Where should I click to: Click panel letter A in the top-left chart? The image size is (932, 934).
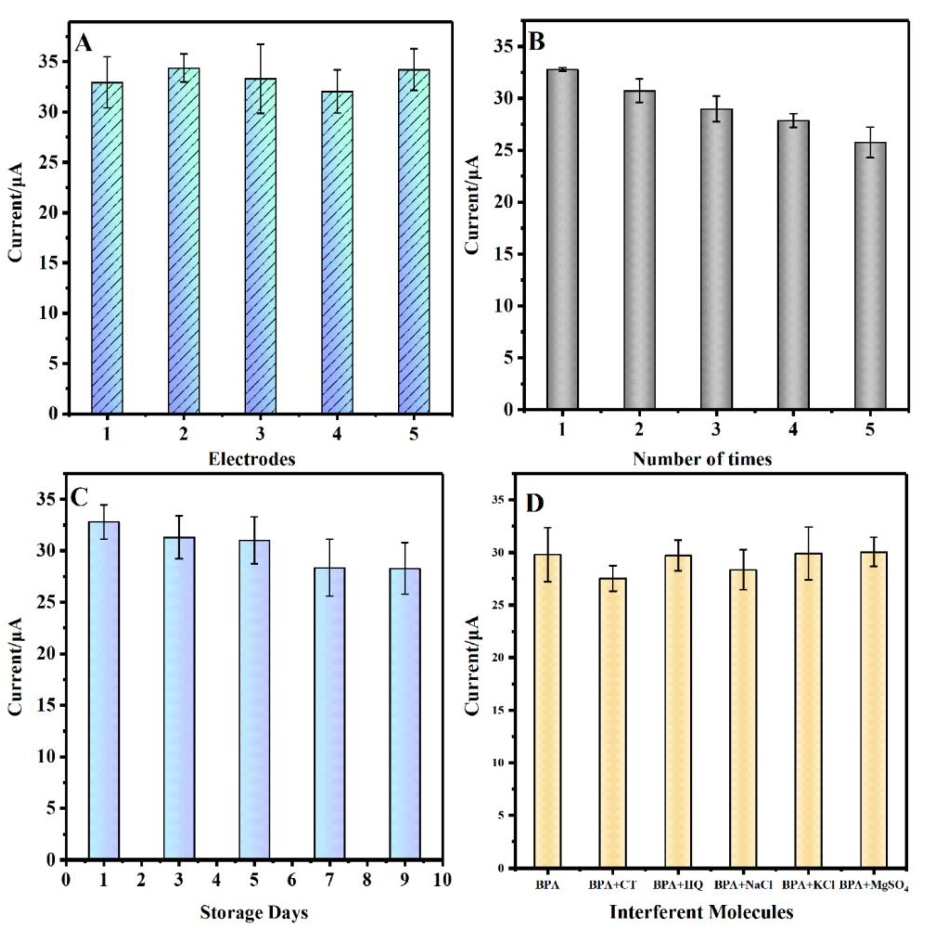click(83, 44)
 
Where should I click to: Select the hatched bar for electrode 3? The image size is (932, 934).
click(261, 246)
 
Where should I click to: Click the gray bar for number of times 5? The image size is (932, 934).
click(870, 276)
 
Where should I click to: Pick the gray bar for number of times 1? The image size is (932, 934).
click(562, 239)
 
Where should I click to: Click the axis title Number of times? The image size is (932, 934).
click(702, 458)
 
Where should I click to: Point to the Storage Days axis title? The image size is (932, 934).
click(254, 913)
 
